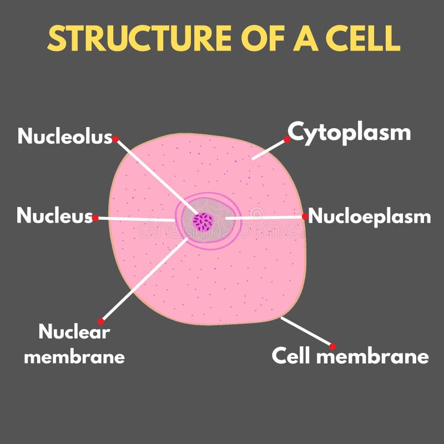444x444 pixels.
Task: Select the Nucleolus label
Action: pos(65,137)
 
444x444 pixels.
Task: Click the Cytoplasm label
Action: pos(349,133)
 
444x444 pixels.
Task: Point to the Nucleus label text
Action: pos(54,216)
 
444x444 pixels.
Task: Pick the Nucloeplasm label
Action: pos(370,216)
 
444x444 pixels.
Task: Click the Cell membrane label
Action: pos(350,356)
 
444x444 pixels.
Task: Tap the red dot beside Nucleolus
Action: pos(115,139)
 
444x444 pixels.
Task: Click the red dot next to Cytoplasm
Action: pos(287,140)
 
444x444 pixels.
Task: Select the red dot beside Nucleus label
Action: pos(95,218)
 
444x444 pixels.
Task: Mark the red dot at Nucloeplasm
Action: pos(305,216)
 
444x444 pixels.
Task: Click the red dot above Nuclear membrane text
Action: pos(101,321)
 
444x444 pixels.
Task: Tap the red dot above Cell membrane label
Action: pos(333,346)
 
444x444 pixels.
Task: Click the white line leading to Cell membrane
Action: pos(307,331)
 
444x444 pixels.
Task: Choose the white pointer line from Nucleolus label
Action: pos(155,176)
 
